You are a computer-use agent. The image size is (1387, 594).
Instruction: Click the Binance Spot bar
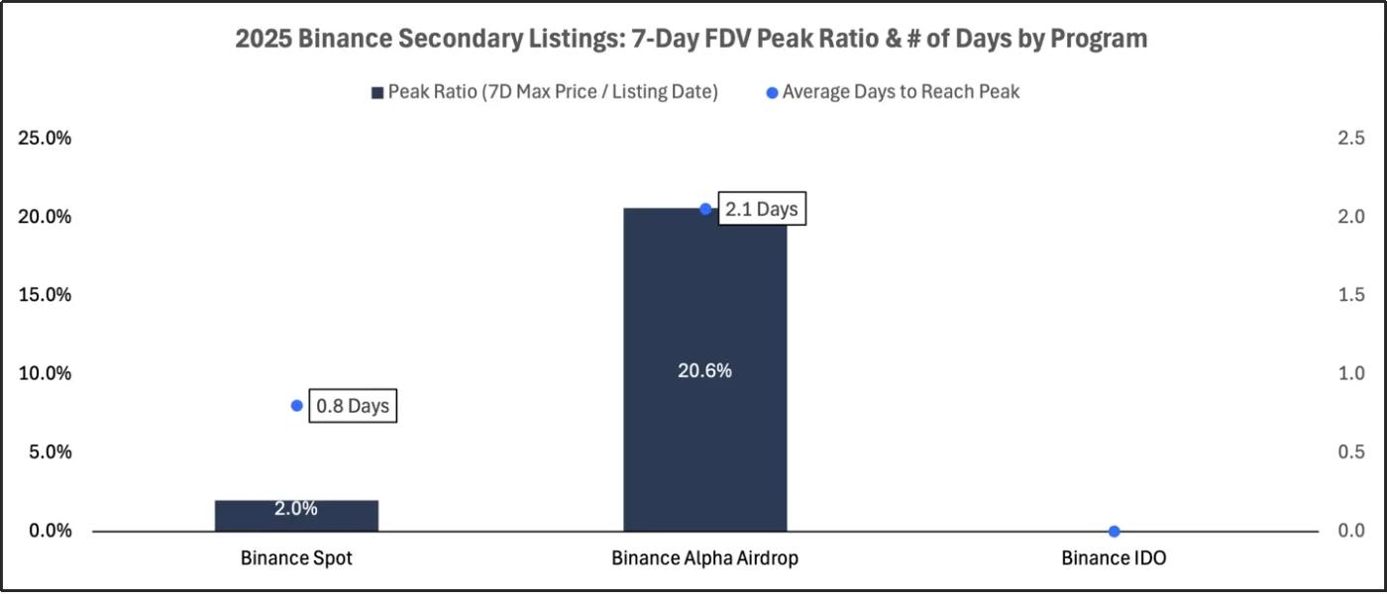pos(296,516)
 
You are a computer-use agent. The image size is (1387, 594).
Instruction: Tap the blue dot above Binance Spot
pos(296,406)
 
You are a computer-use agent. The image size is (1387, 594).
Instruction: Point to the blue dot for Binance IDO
pos(1114,532)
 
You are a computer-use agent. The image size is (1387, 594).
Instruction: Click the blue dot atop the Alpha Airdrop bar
pos(705,209)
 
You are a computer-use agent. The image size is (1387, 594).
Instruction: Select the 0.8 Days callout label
pos(353,406)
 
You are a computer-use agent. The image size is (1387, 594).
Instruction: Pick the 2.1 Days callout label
pos(761,210)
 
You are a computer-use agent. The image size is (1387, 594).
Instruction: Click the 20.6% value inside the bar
pos(704,371)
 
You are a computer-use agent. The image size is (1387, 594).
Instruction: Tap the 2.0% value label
pos(296,509)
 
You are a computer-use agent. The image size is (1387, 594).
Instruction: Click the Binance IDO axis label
pos(1114,558)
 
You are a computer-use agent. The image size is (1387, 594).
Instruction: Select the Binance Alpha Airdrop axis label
pos(704,558)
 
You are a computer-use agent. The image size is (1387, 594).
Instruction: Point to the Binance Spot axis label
pos(296,558)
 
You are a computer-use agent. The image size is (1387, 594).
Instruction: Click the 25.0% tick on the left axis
pos(46,139)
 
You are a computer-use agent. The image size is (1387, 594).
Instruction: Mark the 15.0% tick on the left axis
pos(46,295)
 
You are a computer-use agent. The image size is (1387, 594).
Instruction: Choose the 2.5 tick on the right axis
pos(1351,139)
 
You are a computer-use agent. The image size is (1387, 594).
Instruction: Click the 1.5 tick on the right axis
pos(1351,295)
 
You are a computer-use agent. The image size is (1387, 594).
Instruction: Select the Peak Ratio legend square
pos(376,93)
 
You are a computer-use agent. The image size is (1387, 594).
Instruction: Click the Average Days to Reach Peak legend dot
pos(772,93)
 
